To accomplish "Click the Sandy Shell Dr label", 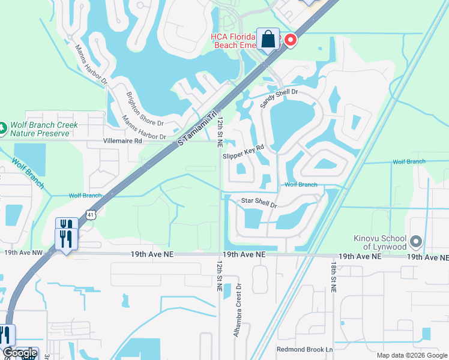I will pyautogui.click(x=279, y=98).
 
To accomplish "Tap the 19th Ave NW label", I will pyautogui.click(x=23, y=253).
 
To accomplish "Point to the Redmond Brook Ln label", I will pyautogui.click(x=304, y=349).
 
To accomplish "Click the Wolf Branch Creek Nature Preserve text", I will pyautogui.click(x=44, y=130).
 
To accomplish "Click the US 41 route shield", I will pyautogui.click(x=89, y=214).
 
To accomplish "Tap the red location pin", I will pyautogui.click(x=291, y=40).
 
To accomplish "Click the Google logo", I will pyautogui.click(x=20, y=353).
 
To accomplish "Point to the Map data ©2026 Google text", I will pyautogui.click(x=412, y=355).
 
